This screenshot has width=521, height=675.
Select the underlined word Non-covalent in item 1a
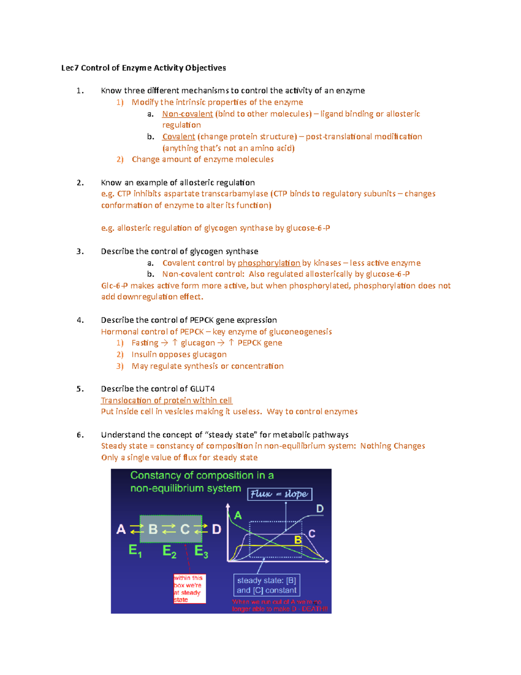187,114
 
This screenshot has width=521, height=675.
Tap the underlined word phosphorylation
269,263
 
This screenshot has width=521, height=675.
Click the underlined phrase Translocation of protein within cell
166,400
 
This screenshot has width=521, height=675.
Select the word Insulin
144,355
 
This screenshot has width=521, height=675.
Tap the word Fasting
145,343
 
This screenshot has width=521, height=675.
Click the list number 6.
80,435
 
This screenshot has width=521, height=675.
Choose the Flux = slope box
280,494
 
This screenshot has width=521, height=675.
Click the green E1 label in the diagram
135,551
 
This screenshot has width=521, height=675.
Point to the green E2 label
169,551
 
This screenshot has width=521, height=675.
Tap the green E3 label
201,551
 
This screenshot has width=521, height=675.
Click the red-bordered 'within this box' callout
189,589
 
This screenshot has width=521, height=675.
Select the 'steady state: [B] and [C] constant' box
267,585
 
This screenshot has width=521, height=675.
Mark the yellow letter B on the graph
298,540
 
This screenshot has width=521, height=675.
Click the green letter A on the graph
238,515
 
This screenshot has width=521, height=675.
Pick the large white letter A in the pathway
121,529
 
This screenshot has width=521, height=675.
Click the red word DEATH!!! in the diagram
315,609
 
